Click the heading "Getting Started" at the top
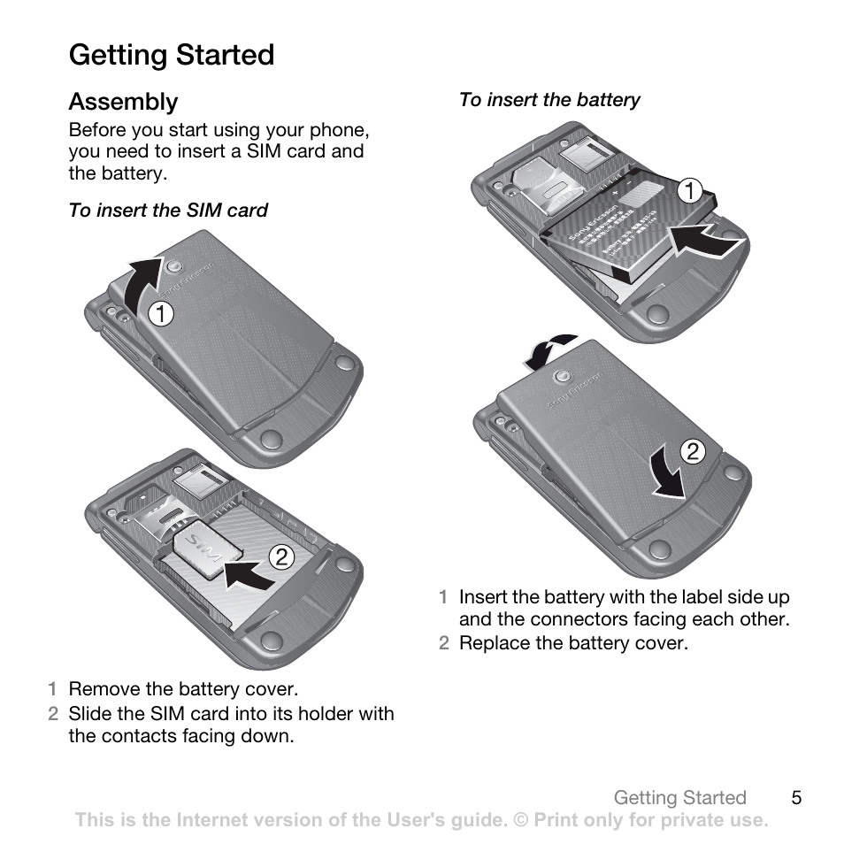click(x=172, y=55)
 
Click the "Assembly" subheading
click(x=123, y=102)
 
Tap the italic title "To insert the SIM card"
click(x=168, y=211)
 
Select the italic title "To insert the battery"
click(x=549, y=100)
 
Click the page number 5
click(x=796, y=798)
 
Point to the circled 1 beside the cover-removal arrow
click(x=160, y=313)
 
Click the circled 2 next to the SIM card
click(x=280, y=557)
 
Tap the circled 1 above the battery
click(x=688, y=190)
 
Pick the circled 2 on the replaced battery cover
click(x=692, y=453)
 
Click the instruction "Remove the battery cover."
click(x=183, y=689)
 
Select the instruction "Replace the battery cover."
click(x=572, y=643)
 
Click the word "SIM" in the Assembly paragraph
click(x=264, y=151)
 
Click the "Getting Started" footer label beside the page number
click(x=679, y=798)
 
